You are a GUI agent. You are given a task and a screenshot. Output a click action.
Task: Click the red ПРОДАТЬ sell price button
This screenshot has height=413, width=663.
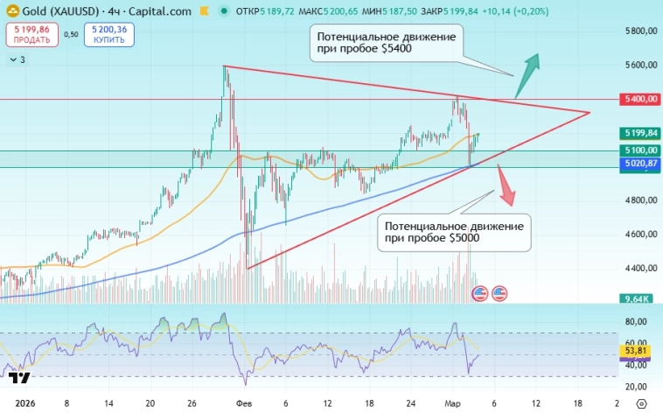click(x=29, y=34)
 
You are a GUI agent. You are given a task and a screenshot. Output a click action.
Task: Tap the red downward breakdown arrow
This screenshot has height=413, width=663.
click(x=506, y=185)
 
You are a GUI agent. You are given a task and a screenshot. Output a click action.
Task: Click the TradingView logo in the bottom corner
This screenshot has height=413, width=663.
click(x=21, y=379)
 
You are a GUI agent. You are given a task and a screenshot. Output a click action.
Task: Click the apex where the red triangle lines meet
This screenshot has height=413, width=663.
click(x=590, y=113)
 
